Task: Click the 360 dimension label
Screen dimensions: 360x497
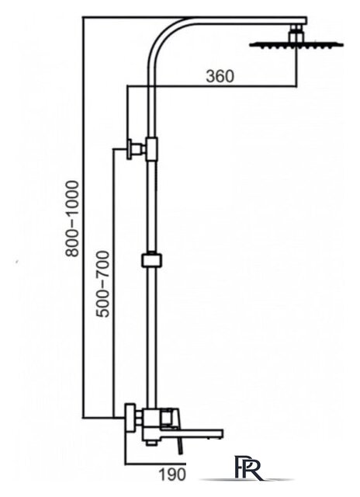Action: [220, 76]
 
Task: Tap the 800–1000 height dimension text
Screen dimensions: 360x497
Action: [71, 218]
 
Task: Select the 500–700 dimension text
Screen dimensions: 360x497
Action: [103, 284]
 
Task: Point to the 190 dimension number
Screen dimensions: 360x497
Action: [171, 474]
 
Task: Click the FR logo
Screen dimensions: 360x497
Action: [248, 467]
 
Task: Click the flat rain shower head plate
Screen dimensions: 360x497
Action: [296, 45]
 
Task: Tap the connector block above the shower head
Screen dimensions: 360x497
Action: [296, 33]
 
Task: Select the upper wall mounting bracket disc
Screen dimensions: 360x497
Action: [130, 149]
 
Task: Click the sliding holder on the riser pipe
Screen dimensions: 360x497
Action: [151, 261]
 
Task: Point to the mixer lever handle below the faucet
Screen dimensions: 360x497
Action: [181, 447]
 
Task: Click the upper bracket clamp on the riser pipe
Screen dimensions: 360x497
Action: [151, 149]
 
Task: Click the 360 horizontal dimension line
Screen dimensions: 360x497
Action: [212, 85]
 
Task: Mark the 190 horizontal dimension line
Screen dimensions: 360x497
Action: [156, 464]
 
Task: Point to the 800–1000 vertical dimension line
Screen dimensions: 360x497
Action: [83, 217]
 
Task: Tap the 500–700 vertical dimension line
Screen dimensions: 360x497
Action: [113, 283]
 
